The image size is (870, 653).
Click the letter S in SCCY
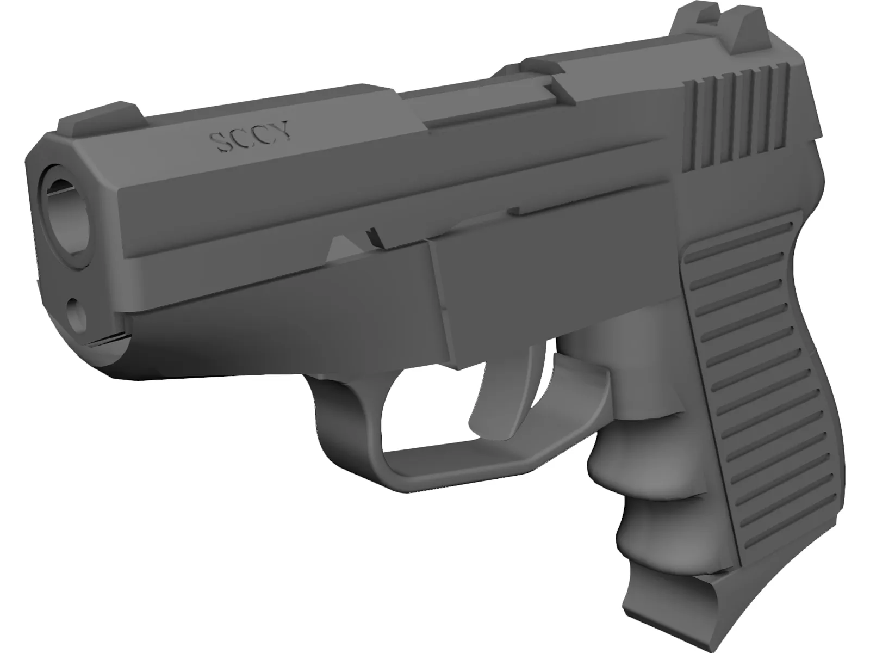coord(221,143)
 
